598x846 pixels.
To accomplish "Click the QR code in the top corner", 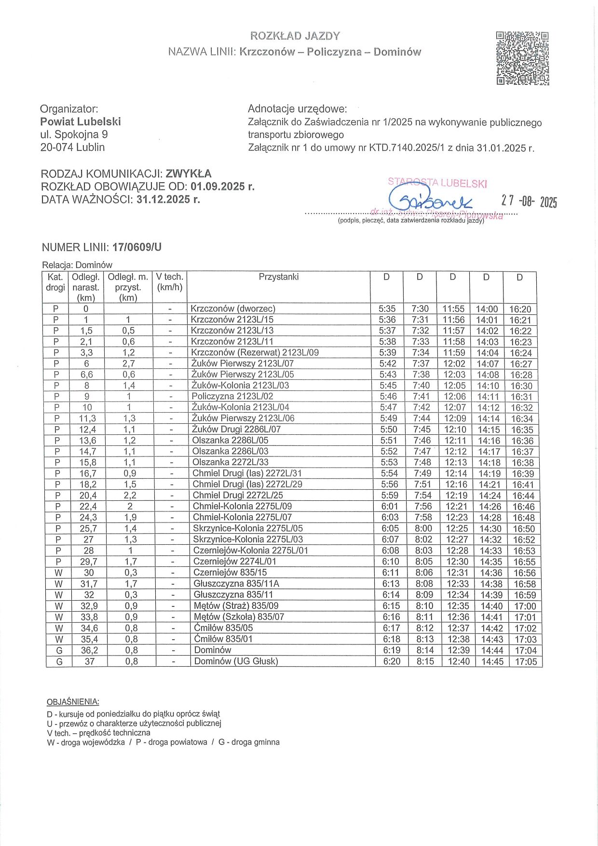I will tap(523, 58).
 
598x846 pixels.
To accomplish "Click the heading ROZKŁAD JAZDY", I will tap(295, 36).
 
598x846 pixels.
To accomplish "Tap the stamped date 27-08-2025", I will tap(529, 201).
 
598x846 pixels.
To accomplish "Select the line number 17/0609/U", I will tap(137, 247).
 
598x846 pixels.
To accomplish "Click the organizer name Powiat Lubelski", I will tap(81, 121).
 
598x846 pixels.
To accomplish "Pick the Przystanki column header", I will tap(278, 277).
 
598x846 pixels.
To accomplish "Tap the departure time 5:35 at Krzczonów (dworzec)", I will tap(387, 309).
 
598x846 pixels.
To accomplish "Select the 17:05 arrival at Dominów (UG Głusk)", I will tap(526, 662).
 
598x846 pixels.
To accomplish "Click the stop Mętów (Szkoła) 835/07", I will tap(239, 617).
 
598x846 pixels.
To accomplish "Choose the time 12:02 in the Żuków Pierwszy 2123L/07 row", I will tap(454, 364).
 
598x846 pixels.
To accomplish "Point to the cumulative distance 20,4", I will tap(88, 495).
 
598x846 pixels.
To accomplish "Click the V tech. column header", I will tap(170, 282).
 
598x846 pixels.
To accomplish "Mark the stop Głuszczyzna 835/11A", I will tap(236, 584).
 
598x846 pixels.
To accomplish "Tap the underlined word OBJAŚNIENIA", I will tap(73, 702).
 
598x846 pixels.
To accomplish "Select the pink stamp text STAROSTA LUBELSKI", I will tap(437, 183).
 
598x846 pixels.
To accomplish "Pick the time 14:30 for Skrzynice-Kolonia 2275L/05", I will tap(490, 528).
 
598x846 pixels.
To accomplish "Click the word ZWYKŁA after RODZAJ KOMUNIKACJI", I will tap(189, 174).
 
